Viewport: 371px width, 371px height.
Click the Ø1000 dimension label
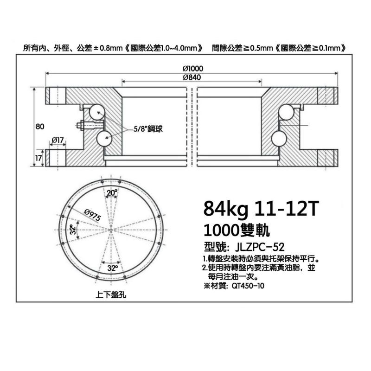[x=193, y=69]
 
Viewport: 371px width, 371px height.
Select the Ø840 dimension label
[x=192, y=77]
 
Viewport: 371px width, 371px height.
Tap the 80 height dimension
[x=40, y=127]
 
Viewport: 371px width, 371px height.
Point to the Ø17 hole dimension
[x=58, y=140]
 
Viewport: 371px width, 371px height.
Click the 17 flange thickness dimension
[x=38, y=158]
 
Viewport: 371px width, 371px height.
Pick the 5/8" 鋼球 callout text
[x=148, y=129]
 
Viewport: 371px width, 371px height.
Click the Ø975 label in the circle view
[x=92, y=215]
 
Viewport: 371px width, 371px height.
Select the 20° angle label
[x=112, y=193]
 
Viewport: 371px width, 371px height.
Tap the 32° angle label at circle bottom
[x=112, y=268]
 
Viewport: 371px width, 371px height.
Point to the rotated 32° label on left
[x=73, y=230]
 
